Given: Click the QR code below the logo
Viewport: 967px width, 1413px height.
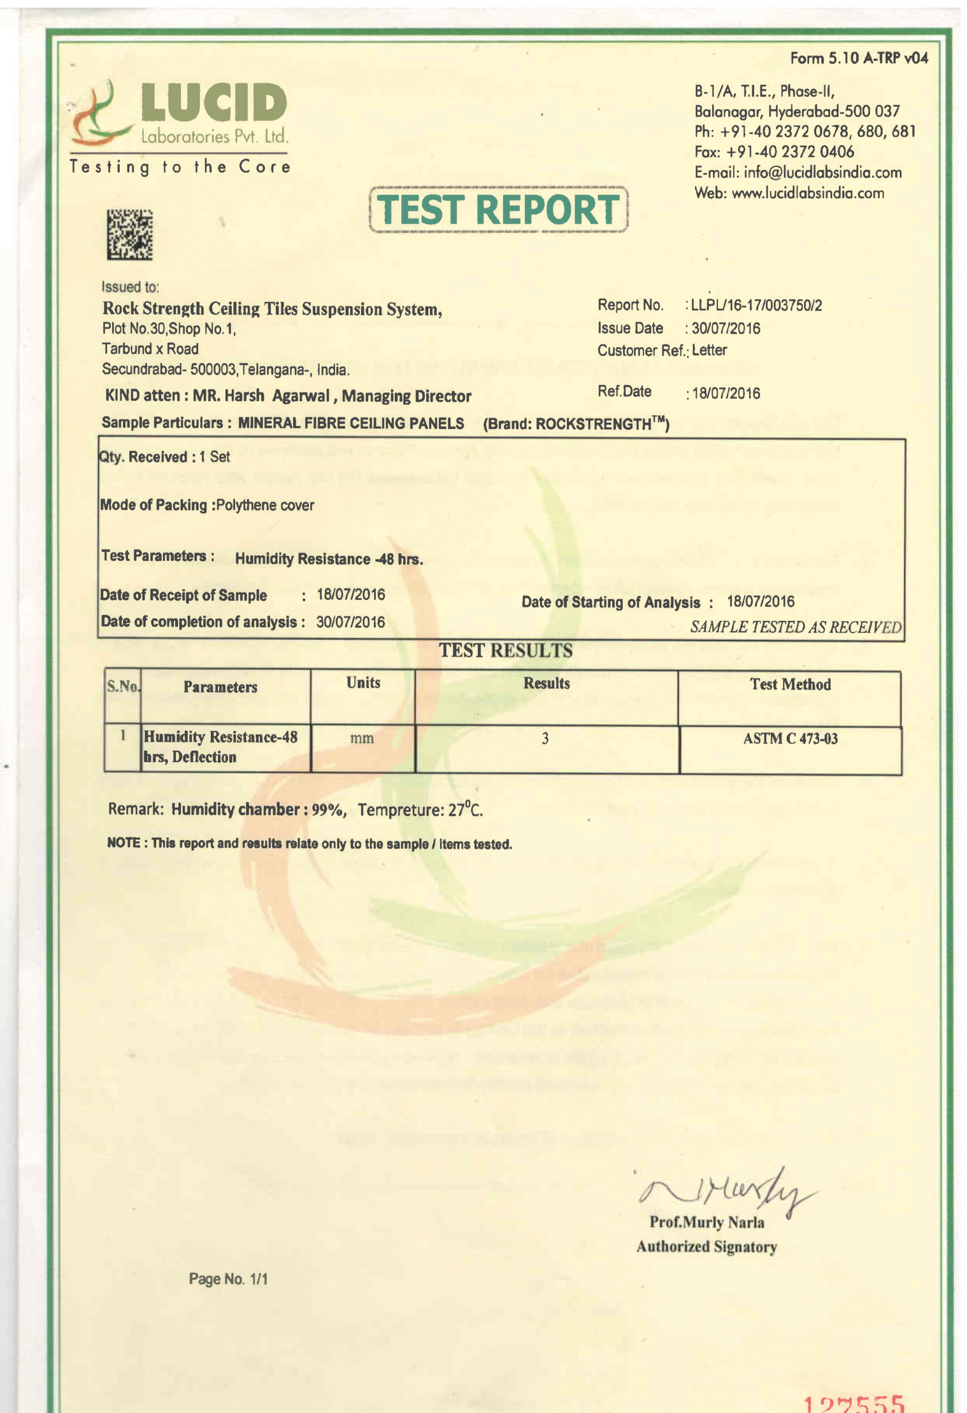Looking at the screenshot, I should pos(130,235).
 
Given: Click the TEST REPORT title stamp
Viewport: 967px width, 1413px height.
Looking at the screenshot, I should pos(498,210).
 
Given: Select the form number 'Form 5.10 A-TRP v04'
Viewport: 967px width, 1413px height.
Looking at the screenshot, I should pos(859,59).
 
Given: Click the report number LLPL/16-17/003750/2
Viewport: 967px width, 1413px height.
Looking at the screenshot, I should pos(757,305).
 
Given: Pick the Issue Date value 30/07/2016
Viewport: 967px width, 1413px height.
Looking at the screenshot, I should pos(726,328).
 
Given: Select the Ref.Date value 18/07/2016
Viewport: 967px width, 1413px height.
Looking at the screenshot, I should pos(726,394).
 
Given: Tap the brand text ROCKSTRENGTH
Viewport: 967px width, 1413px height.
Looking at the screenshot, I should pos(592,424).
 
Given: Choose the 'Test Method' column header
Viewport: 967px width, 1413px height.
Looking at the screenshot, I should pos(790,684).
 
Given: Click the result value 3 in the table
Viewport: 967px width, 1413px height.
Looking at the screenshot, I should pos(545,739).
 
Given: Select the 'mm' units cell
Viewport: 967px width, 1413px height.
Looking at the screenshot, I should pos(362,739).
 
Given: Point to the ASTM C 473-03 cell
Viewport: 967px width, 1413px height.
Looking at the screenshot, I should pos(790,739).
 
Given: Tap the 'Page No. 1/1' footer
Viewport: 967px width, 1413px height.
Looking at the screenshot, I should pos(228,1279).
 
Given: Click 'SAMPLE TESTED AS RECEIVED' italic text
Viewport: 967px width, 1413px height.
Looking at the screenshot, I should pos(795,627).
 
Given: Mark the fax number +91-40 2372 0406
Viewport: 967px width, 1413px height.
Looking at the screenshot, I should pos(790,152).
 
